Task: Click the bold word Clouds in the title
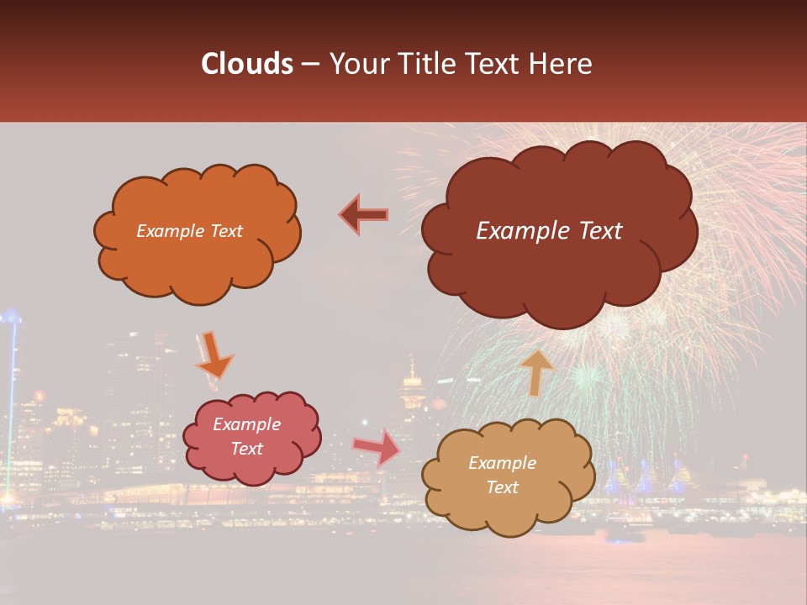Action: point(246,64)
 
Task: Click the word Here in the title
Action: point(562,64)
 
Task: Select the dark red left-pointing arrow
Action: point(364,215)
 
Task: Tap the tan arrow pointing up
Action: point(535,372)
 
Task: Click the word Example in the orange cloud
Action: point(171,231)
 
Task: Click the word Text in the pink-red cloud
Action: point(246,449)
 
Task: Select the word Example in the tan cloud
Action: point(502,463)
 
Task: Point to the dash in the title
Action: point(309,64)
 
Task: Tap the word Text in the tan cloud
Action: point(502,487)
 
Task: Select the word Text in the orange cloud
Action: point(225,231)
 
